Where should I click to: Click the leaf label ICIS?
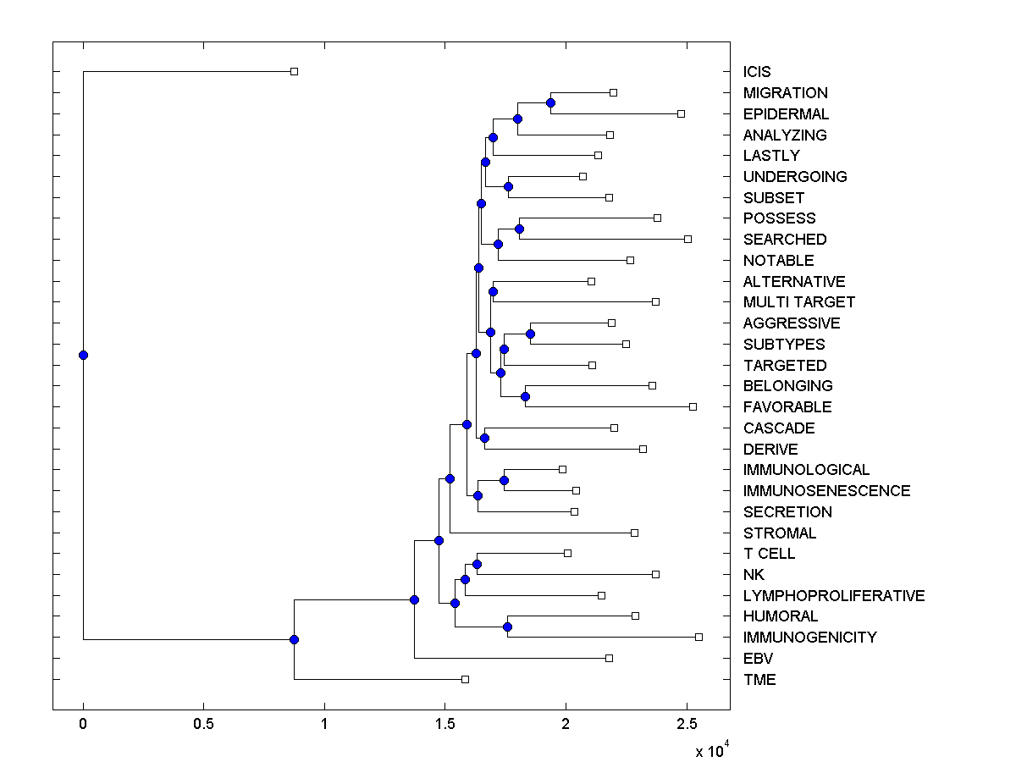(x=757, y=72)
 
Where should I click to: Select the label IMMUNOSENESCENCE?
(x=826, y=491)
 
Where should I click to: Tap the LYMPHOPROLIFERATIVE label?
(x=833, y=596)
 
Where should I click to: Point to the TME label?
(x=759, y=680)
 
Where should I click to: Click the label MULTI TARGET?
(x=798, y=302)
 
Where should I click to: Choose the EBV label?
(x=758, y=659)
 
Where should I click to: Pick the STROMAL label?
(x=779, y=533)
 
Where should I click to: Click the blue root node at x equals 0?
(x=83, y=355)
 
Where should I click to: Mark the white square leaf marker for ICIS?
(x=294, y=71)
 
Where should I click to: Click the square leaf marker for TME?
(x=465, y=679)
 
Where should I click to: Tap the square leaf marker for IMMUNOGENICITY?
(x=698, y=637)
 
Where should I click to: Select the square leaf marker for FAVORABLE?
(x=693, y=406)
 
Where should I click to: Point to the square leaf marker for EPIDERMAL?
(x=681, y=113)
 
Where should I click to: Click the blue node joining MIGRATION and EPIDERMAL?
(x=550, y=102)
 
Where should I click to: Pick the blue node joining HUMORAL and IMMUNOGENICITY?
(x=507, y=627)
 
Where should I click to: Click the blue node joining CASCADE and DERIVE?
(x=484, y=438)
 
